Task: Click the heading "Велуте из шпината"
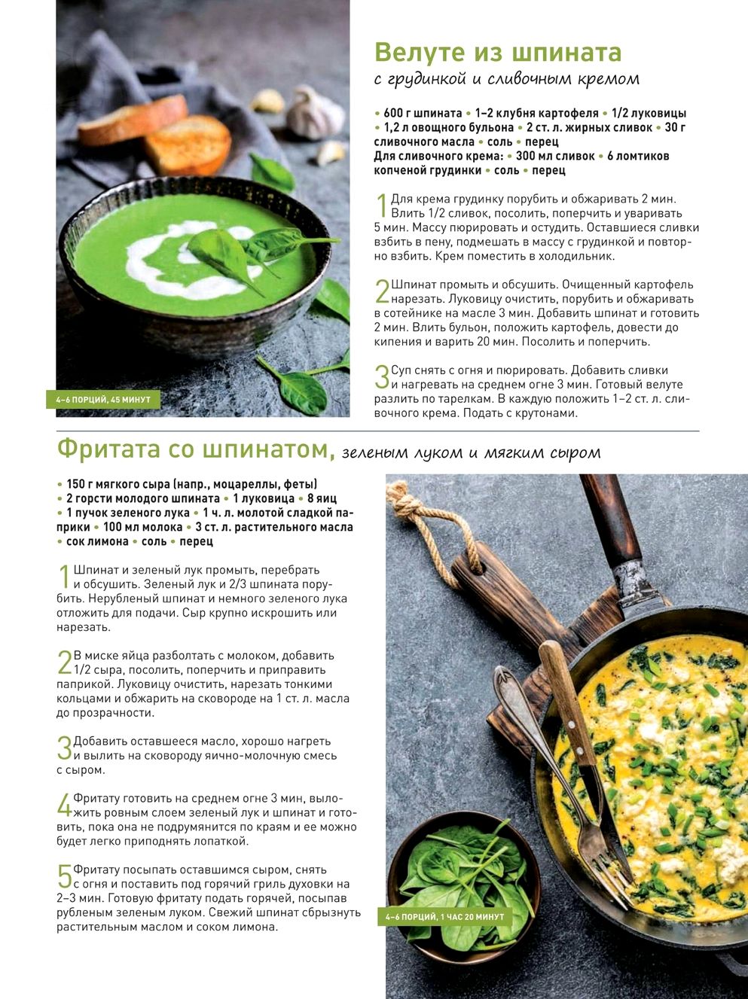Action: [x=498, y=53]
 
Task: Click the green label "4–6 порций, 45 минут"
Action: [x=103, y=400]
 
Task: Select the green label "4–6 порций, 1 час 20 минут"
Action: [x=444, y=917]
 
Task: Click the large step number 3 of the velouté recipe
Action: [x=382, y=376]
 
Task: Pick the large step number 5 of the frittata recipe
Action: [x=64, y=876]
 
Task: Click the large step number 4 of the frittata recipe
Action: [x=64, y=805]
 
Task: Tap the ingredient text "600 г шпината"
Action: [x=423, y=113]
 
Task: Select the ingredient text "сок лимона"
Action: [x=97, y=541]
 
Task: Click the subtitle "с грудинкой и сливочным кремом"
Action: [x=507, y=79]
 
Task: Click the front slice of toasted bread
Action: [x=188, y=145]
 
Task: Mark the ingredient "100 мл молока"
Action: [x=142, y=527]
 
